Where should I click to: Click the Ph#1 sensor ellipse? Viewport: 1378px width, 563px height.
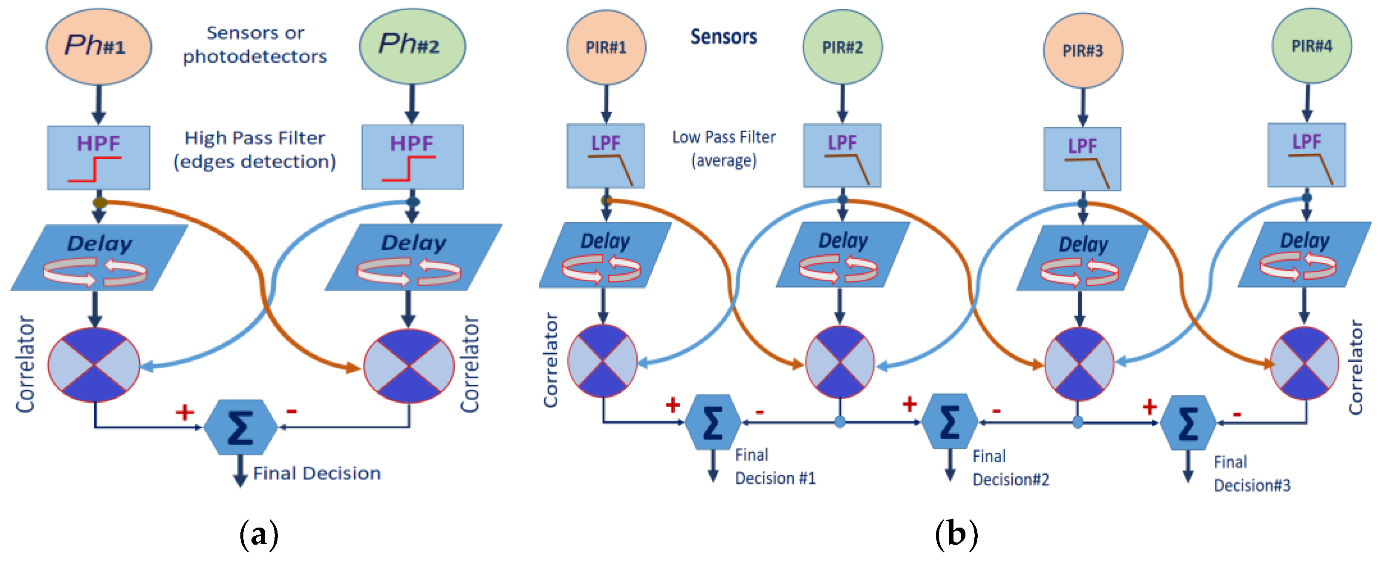(x=98, y=46)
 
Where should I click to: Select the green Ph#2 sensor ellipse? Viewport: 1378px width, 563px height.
(x=412, y=46)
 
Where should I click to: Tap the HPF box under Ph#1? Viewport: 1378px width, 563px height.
(x=98, y=157)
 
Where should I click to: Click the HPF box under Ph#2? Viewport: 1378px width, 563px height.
(x=413, y=157)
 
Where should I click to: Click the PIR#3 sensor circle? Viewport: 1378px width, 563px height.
(x=1083, y=51)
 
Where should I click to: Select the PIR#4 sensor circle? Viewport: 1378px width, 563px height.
(x=1311, y=46)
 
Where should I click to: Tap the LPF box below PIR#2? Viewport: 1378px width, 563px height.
(x=842, y=155)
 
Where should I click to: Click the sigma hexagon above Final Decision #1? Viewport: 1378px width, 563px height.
(x=713, y=422)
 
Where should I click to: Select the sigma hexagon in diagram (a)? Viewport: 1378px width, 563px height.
(x=241, y=427)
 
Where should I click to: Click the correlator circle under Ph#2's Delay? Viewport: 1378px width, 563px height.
(x=409, y=366)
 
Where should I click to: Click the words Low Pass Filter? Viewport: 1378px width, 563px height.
(x=723, y=137)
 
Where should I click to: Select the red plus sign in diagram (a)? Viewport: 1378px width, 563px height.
(x=185, y=412)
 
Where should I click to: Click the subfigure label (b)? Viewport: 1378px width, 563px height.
(x=956, y=534)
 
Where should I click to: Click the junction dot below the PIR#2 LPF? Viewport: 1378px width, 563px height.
(x=843, y=200)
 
